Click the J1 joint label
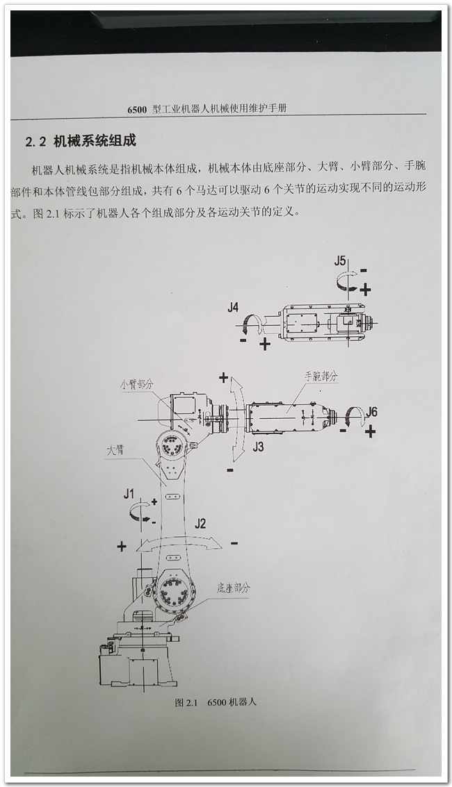coord(129,494)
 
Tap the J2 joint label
coord(200,524)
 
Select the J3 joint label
coord(258,446)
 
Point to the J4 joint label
coord(233,307)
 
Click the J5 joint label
coord(340,261)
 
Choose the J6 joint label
coord(371,412)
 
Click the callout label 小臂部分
coord(136,384)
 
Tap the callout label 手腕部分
coord(321,376)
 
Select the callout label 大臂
coord(115,450)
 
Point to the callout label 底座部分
coord(234,588)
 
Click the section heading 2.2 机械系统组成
coord(81,141)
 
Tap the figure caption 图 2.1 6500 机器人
coord(216,702)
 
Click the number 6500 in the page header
coord(137,109)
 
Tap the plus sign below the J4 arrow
coord(265,344)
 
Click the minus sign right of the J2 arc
coord(234,542)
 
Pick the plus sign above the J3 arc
coord(223,377)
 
